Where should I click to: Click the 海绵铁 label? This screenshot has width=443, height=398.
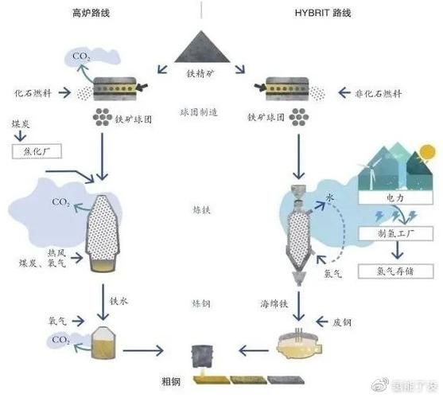(x=275, y=305)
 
